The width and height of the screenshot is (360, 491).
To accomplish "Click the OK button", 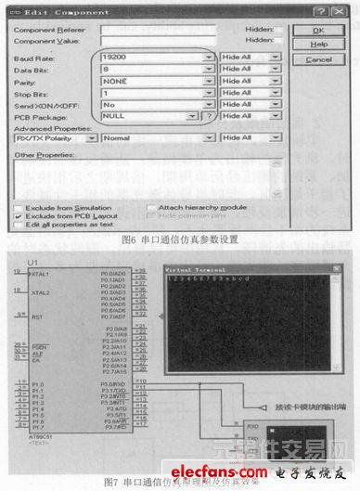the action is coord(318,29).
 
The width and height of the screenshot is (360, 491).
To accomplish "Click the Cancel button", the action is coord(318,59).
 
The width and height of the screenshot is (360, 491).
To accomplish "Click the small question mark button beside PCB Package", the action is coord(210,117).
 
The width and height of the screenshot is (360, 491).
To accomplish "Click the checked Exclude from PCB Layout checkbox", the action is coord(19,215).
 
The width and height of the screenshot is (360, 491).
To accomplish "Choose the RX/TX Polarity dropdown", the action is coord(56,137).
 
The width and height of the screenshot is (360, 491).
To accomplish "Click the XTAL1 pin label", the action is coord(39,276).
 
